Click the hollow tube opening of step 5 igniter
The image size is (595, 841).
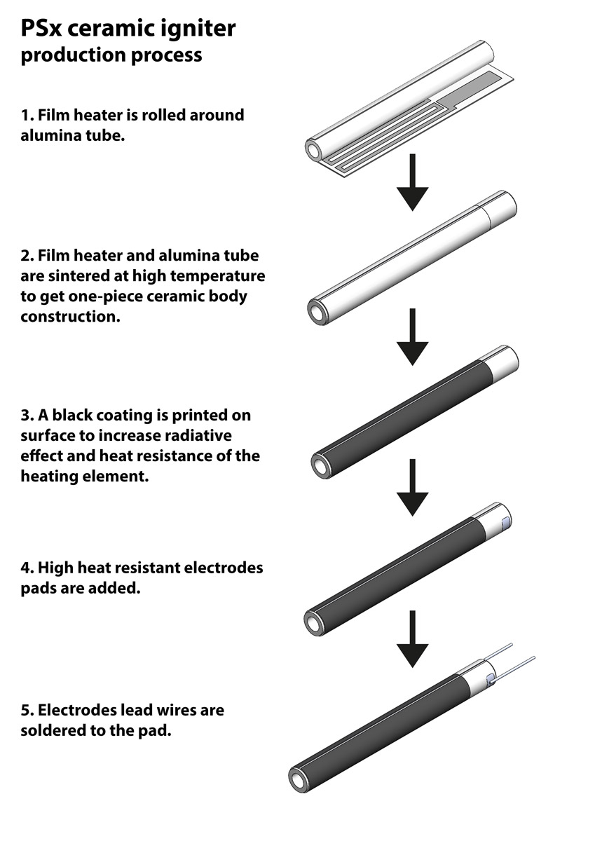(301, 779)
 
